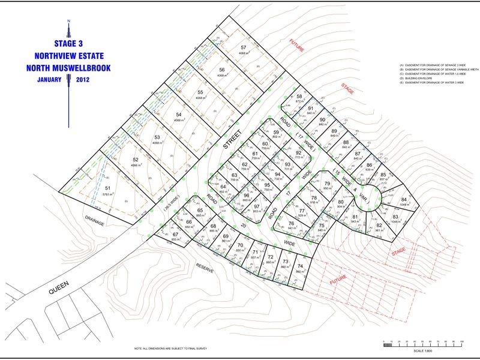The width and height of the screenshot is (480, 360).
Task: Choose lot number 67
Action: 175,234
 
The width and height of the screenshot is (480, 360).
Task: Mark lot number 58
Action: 299,97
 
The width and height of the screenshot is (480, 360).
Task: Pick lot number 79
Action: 327,184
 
